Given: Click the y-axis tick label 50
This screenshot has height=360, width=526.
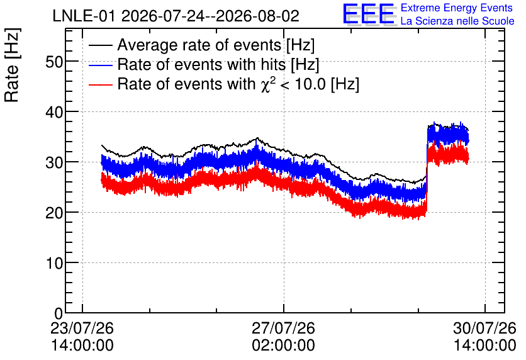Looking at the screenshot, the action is [x=54, y=62].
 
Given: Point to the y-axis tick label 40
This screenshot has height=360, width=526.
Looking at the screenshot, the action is [x=54, y=112].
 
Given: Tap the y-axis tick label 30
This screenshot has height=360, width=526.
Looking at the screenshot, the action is [x=54, y=162].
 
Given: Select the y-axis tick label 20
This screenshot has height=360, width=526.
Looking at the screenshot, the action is [x=54, y=213].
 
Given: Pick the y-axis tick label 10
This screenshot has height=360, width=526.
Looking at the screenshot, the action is [x=54, y=263].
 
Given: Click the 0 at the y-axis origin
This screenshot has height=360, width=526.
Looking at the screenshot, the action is [x=59, y=313].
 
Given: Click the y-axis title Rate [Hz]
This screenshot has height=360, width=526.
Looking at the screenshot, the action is [x=12, y=65].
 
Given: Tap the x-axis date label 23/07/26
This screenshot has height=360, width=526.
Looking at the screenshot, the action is [x=82, y=328].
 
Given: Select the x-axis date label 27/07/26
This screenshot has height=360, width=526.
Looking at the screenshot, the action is [x=284, y=328].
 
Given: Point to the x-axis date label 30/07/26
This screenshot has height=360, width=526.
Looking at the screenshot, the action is [x=484, y=328].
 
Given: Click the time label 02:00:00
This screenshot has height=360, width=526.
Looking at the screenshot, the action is [x=284, y=346].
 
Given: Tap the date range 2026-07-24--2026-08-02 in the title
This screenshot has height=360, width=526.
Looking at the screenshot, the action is [x=210, y=16].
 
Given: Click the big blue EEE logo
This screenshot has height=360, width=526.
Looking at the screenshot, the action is [x=369, y=14].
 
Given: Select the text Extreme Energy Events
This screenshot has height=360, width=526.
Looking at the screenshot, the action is [x=457, y=8].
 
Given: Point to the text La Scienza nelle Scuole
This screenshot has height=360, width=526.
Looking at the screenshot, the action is [x=457, y=21].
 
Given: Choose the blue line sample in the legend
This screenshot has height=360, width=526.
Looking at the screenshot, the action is [x=100, y=65].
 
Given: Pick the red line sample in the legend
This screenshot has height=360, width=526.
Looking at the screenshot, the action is [x=100, y=84].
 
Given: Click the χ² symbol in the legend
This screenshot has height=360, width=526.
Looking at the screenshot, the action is [x=267, y=84].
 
